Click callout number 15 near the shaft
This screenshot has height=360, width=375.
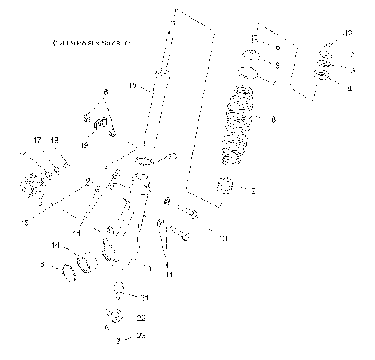(x=132, y=84)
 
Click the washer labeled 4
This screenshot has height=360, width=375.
(x=320, y=77)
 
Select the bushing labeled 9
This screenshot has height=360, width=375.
(x=228, y=187)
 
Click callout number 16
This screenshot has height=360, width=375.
(x=103, y=92)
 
